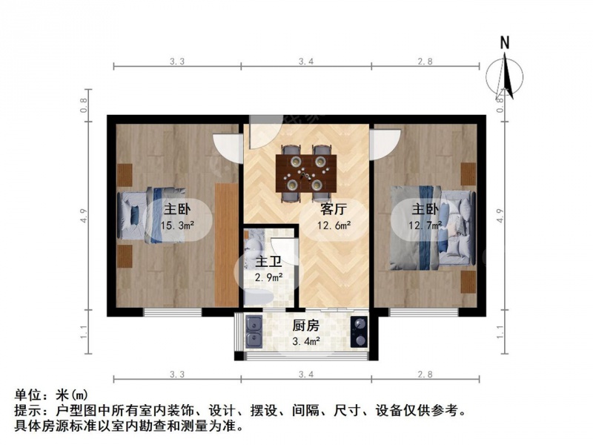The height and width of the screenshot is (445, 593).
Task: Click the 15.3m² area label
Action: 177,226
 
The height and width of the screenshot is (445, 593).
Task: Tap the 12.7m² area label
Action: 425,225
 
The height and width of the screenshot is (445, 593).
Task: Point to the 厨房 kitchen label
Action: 306,326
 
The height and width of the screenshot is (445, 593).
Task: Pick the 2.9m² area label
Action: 269,277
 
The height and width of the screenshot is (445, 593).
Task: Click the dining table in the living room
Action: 306,174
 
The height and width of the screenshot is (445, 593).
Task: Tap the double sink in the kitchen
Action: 254,332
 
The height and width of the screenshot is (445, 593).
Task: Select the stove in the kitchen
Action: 359,332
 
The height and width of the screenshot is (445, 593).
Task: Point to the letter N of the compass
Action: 505,42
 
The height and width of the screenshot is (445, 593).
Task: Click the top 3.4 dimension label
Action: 306,62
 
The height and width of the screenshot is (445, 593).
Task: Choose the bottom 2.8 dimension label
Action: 425,375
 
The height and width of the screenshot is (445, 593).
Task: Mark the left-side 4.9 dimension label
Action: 84,216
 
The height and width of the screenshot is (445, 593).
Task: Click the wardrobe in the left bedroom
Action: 226,245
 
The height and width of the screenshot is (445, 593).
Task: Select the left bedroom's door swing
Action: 228,148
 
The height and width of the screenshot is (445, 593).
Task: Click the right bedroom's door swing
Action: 385,145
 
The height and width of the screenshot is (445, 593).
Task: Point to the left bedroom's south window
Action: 173,312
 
